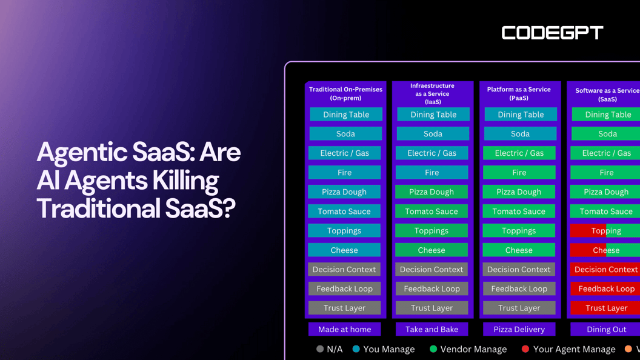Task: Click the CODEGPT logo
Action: (552, 33)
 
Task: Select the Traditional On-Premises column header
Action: (345, 93)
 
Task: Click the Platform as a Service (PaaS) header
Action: (519, 93)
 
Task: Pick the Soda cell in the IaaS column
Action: (433, 133)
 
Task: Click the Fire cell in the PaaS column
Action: (519, 172)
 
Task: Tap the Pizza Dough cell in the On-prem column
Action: (344, 192)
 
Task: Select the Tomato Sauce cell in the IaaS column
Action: (432, 211)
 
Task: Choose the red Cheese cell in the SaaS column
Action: (605, 250)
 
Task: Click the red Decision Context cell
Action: (605, 269)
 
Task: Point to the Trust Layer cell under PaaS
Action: (519, 308)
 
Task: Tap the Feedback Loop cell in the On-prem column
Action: (344, 288)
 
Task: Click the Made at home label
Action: (344, 329)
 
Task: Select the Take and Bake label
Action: (432, 329)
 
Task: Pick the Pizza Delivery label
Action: (519, 329)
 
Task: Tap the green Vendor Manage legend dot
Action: (433, 348)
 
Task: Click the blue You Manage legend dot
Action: (356, 348)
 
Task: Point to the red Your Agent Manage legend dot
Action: (525, 348)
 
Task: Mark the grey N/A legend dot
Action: (320, 348)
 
